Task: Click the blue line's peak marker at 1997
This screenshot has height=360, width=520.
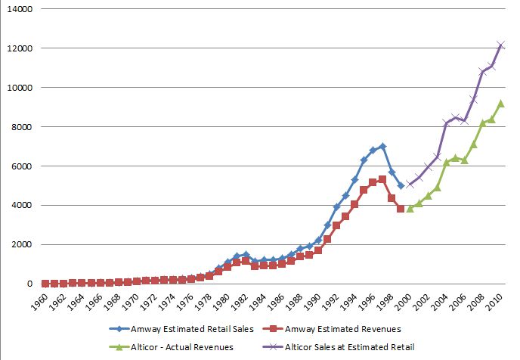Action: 382,146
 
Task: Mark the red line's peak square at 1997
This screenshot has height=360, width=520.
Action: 382,179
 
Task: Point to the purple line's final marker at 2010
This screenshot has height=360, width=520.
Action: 500,45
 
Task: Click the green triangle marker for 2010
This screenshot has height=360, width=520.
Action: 500,103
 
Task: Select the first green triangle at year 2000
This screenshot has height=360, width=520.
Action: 410,208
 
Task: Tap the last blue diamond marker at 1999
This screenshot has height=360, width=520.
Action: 401,185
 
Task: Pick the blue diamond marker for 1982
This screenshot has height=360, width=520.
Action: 246,255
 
